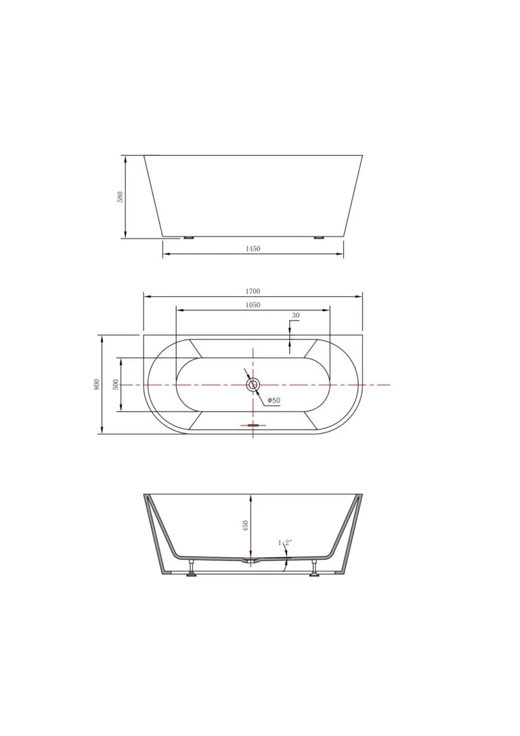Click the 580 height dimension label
[x=120, y=197]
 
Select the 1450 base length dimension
[x=253, y=249]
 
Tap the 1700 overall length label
[x=253, y=291]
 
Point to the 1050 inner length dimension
[x=253, y=304]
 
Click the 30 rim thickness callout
[x=295, y=315]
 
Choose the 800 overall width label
[x=97, y=384]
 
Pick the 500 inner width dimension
[x=116, y=384]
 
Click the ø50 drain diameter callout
[x=274, y=401]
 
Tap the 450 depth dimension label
[x=245, y=526]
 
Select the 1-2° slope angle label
[x=285, y=543]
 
